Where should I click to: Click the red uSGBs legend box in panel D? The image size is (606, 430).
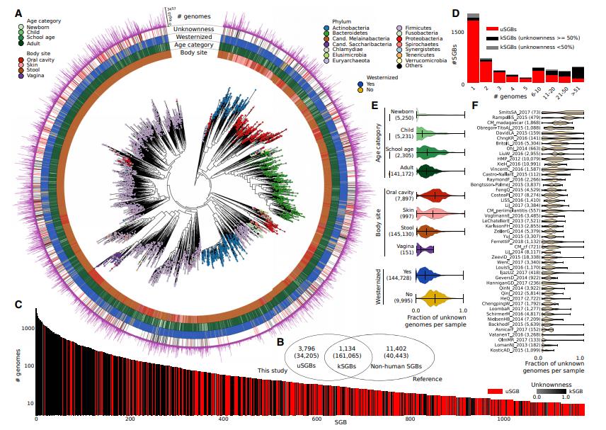pyautogui.click(x=488, y=28)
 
